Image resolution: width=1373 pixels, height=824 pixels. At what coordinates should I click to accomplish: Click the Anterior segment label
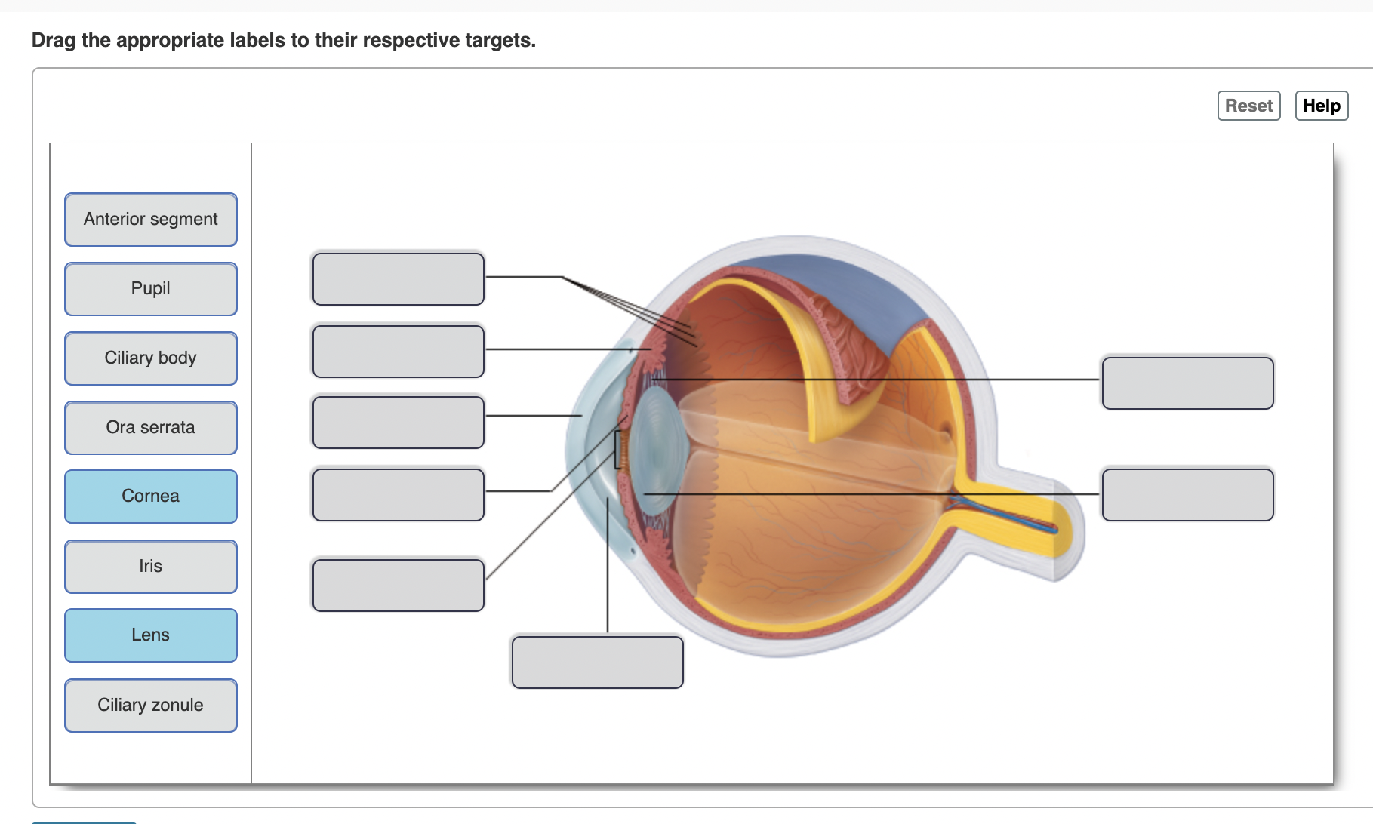tap(151, 220)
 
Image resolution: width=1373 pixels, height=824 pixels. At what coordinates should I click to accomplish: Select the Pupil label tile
tap(151, 289)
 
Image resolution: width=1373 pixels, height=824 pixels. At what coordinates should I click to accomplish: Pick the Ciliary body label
tap(151, 358)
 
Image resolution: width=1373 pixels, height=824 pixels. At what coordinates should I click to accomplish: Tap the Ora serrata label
tap(151, 428)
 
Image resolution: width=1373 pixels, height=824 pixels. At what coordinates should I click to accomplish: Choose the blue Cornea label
tap(151, 497)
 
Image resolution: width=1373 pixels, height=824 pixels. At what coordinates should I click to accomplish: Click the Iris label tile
tap(151, 567)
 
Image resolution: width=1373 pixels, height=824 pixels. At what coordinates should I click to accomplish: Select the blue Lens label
tap(151, 635)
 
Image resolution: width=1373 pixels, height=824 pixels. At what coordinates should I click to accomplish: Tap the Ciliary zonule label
tap(151, 706)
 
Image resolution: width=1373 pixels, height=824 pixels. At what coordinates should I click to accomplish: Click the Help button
tap(1321, 106)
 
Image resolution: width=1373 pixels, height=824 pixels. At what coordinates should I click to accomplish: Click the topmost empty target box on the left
tap(398, 279)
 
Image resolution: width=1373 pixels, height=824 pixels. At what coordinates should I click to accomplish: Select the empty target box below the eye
tap(597, 663)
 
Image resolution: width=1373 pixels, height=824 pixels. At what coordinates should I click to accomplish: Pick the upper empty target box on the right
tap(1187, 383)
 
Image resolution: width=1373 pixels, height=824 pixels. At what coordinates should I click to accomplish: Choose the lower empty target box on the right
tap(1187, 495)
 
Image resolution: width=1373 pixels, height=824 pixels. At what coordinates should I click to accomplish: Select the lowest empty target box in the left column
tap(398, 586)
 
